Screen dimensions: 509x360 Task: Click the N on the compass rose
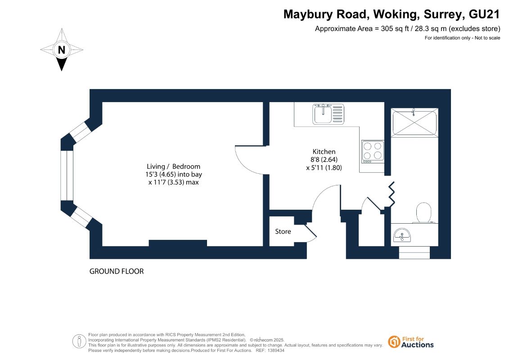(61, 50)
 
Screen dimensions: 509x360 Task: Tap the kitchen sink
(328, 114)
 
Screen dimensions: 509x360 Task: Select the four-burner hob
(373, 152)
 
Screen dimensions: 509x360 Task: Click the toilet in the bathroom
(423, 213)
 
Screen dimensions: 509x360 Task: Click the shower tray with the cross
(414, 122)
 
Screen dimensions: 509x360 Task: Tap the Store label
(283, 231)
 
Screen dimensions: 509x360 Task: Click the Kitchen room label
(324, 152)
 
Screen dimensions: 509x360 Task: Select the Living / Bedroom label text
(173, 166)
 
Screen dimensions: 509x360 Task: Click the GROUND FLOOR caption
(117, 271)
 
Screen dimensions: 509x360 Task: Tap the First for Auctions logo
(411, 342)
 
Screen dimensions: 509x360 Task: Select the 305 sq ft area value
(394, 28)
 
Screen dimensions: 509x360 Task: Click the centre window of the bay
(67, 175)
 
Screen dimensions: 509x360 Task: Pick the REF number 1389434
(275, 351)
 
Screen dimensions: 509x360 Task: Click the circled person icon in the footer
(79, 342)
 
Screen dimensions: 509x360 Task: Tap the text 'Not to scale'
(487, 38)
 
